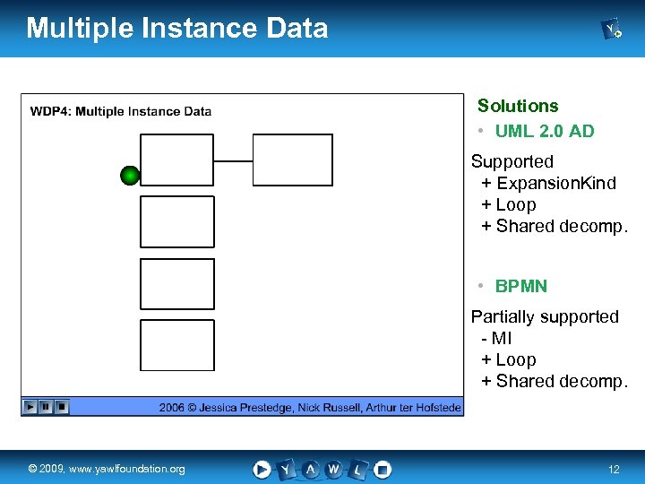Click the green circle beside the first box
click(130, 176)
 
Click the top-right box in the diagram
click(292, 160)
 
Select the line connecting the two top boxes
click(234, 161)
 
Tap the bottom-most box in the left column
click(177, 346)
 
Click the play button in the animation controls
click(30, 407)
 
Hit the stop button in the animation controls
click(61, 407)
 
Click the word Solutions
click(517, 106)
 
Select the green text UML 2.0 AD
click(545, 131)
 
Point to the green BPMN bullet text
click(521, 286)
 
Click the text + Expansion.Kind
click(548, 183)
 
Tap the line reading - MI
click(496, 338)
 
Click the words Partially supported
click(545, 316)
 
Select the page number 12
click(614, 470)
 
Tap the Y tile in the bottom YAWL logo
click(286, 469)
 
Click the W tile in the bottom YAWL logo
click(333, 469)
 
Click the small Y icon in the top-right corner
click(612, 30)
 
